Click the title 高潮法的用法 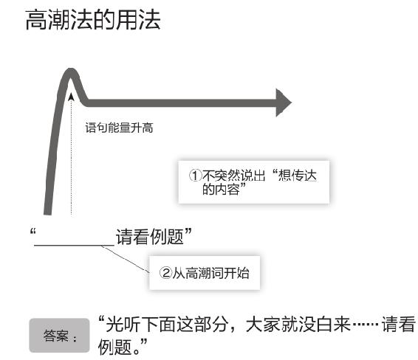tap(93, 19)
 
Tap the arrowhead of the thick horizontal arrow tap(283, 103)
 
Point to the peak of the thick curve tap(70, 72)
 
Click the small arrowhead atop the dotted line tap(71, 97)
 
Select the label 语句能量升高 tap(119, 128)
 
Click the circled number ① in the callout tap(195, 176)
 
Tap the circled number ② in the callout tap(165, 273)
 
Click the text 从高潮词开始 tap(211, 273)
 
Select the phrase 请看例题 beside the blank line tap(150, 237)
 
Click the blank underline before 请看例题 tap(74, 245)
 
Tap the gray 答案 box tap(59, 336)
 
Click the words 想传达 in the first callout tap(297, 176)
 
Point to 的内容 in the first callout tap(221, 190)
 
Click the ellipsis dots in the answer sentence tap(366, 325)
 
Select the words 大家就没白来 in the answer tap(298, 325)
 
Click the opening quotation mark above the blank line tap(32, 232)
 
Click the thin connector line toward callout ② tap(126, 259)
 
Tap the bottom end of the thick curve tap(48, 212)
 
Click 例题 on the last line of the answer tap(115, 347)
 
